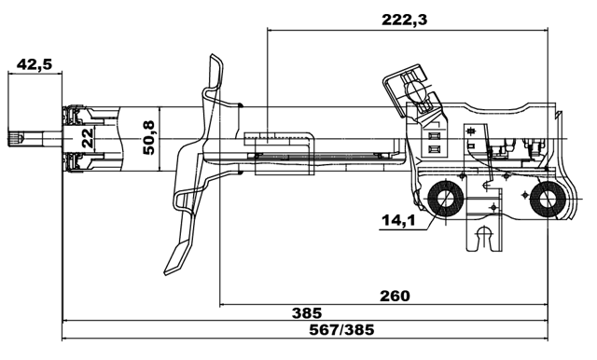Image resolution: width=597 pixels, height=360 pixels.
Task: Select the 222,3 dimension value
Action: [410, 19]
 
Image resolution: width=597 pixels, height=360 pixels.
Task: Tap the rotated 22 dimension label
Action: [86, 139]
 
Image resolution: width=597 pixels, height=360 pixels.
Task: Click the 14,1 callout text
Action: [397, 220]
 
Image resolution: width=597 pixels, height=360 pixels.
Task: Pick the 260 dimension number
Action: [395, 296]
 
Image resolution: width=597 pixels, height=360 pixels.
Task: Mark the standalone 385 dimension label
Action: [306, 312]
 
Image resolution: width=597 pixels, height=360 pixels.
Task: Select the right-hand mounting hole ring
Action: [546, 201]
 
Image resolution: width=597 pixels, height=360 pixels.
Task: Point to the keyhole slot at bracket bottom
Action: [482, 239]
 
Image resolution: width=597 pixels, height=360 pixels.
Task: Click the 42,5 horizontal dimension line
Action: [34, 76]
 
